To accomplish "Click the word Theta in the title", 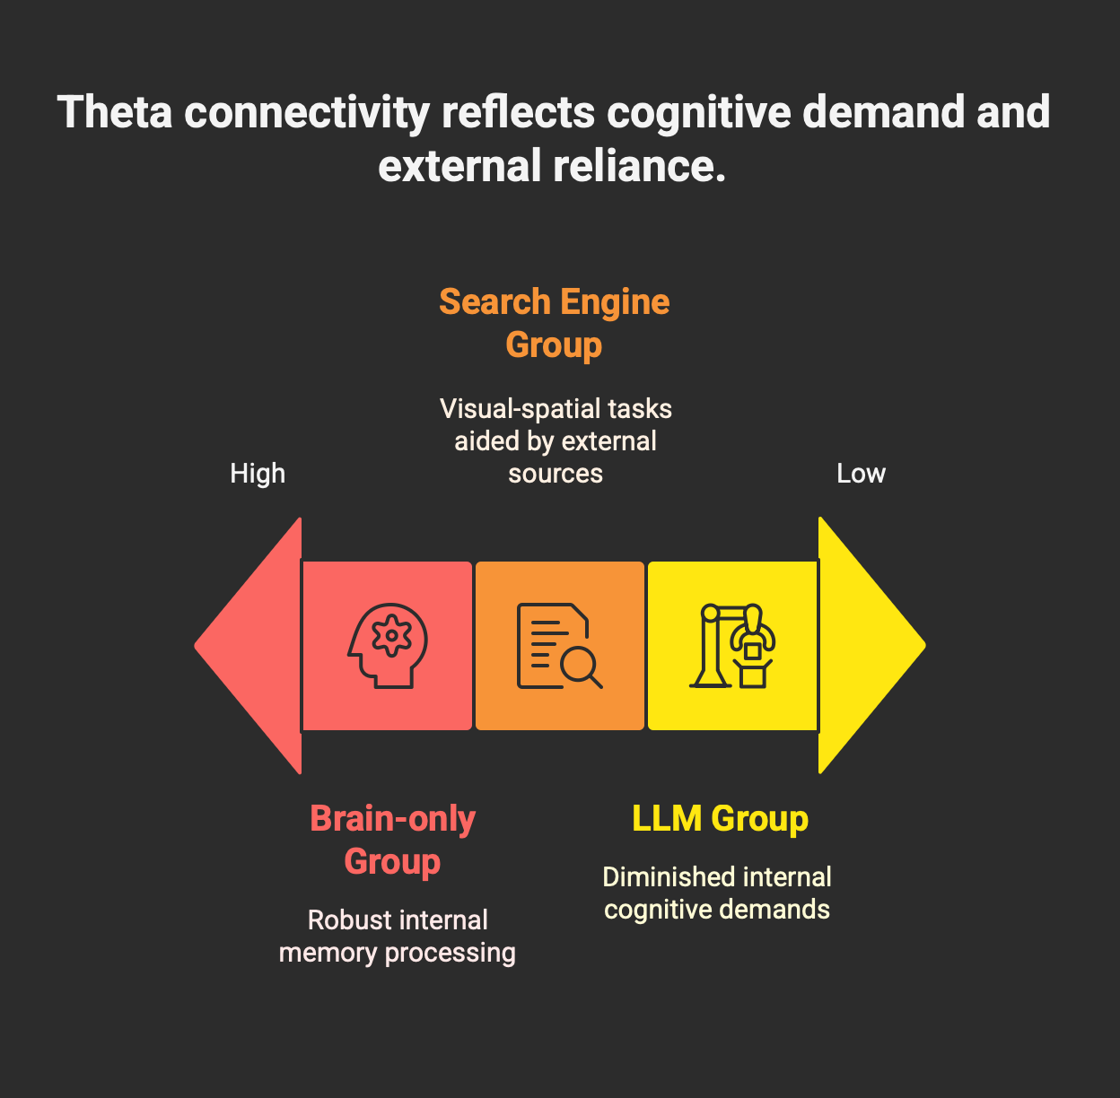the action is (115, 111).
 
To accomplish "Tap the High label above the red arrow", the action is (258, 473).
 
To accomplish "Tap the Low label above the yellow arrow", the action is (861, 473).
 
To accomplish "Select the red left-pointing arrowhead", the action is (249, 645).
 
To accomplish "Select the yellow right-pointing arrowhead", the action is (871, 645).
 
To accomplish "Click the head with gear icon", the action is (388, 646).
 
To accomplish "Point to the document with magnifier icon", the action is (559, 646).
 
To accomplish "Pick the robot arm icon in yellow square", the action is (732, 646).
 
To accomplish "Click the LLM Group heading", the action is (720, 818).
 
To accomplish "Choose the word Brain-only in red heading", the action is (393, 818).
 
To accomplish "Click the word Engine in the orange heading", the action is (615, 302).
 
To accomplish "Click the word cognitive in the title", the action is (698, 111).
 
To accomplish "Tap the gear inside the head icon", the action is (391, 635).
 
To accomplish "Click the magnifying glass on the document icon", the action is (582, 668).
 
